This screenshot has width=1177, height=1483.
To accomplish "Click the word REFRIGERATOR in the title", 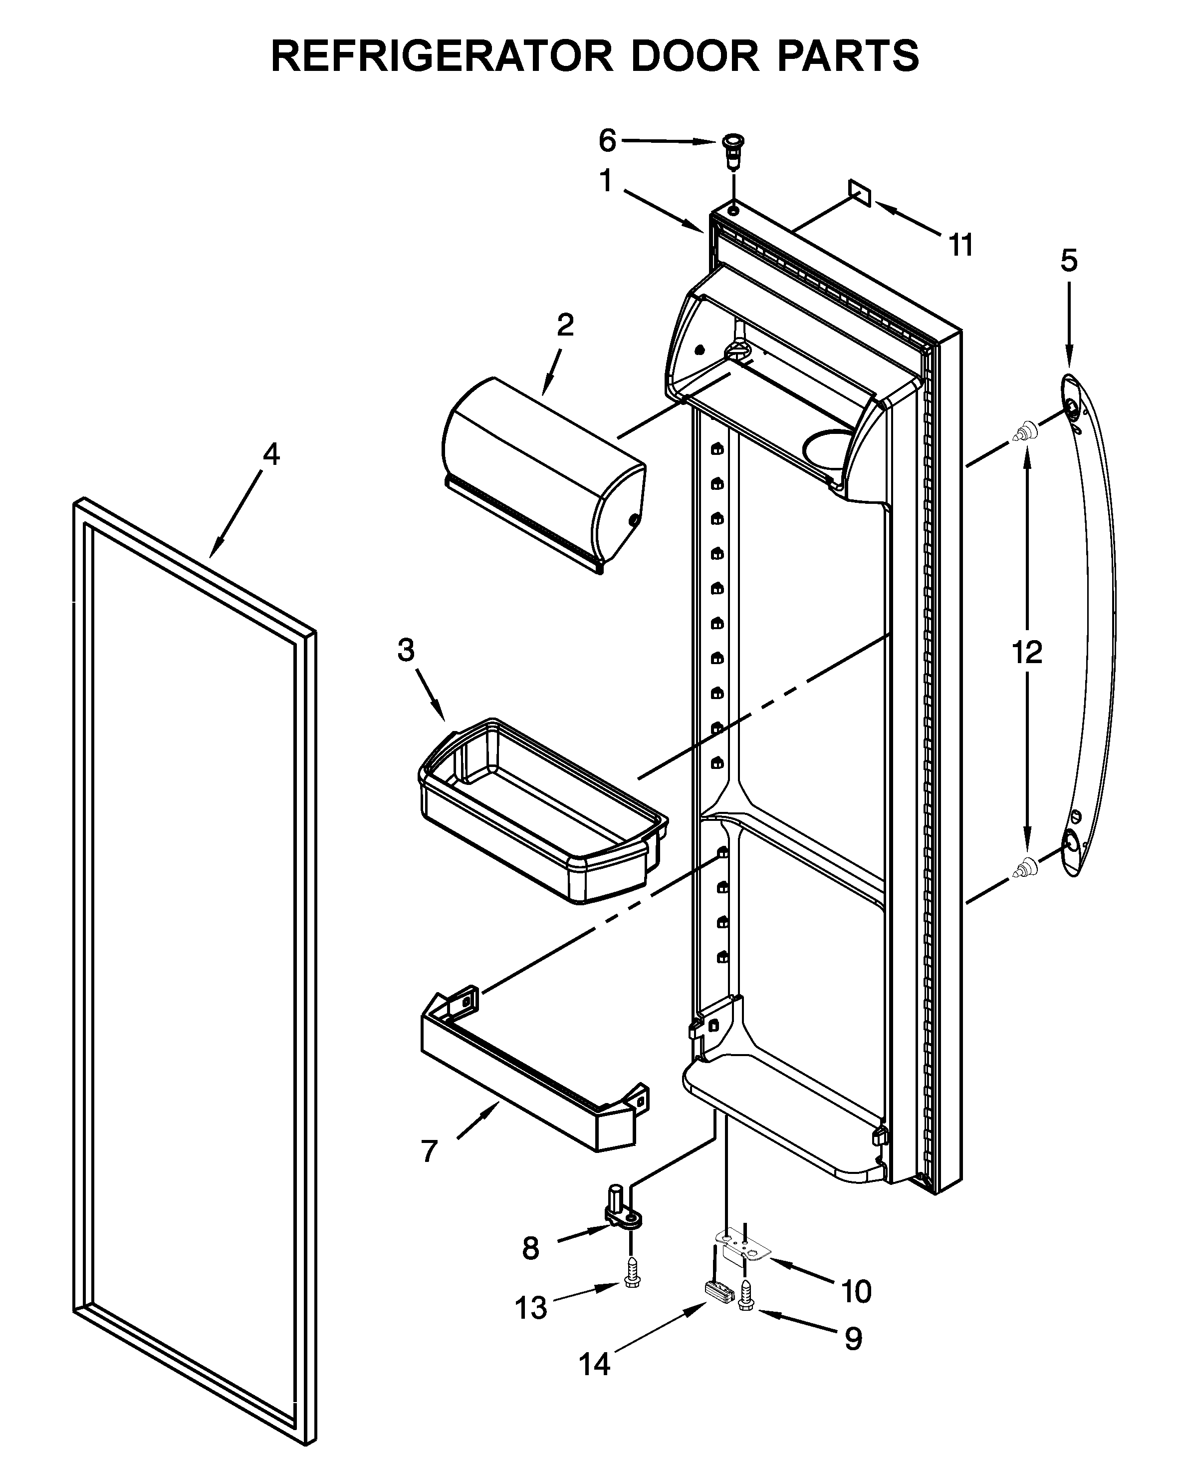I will (x=441, y=56).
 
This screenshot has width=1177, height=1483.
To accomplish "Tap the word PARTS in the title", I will (x=847, y=56).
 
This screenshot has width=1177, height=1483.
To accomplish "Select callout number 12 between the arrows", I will (x=1026, y=652).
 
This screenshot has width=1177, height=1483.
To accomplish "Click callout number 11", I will (x=961, y=246).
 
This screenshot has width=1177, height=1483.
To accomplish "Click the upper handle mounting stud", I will (x=1024, y=432).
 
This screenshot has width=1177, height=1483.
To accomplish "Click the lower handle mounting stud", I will (x=1025, y=868).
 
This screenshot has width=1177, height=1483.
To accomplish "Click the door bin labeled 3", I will (x=540, y=812).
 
